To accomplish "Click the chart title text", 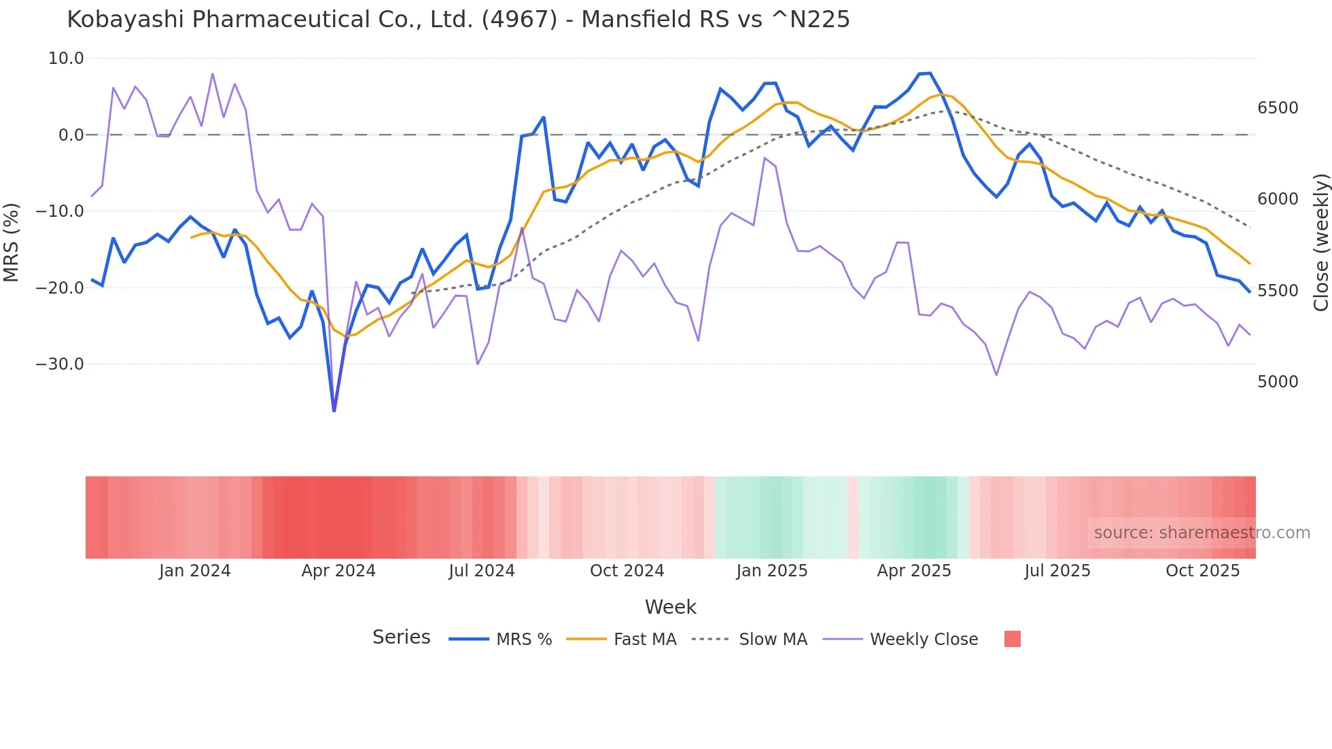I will coord(458,20).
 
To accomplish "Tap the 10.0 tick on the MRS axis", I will coord(66,58).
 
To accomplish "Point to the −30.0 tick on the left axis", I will coord(60,364).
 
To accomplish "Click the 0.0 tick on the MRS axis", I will coord(71,135).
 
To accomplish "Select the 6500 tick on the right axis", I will coord(1278,108).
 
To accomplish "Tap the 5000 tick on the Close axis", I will coord(1278,382).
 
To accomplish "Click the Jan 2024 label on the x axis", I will coord(195,571).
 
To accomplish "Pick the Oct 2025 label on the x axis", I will coord(1202,571).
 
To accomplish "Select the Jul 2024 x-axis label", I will coord(482,571).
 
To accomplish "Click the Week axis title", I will coord(670,607).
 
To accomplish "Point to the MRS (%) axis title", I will coord(12,242).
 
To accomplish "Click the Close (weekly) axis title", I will coord(1320,242).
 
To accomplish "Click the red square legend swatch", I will coord(1012,639).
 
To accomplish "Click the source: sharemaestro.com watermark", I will coord(1202,533).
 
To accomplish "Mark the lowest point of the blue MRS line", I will coord(334,411).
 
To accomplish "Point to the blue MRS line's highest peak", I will coord(930,73).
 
